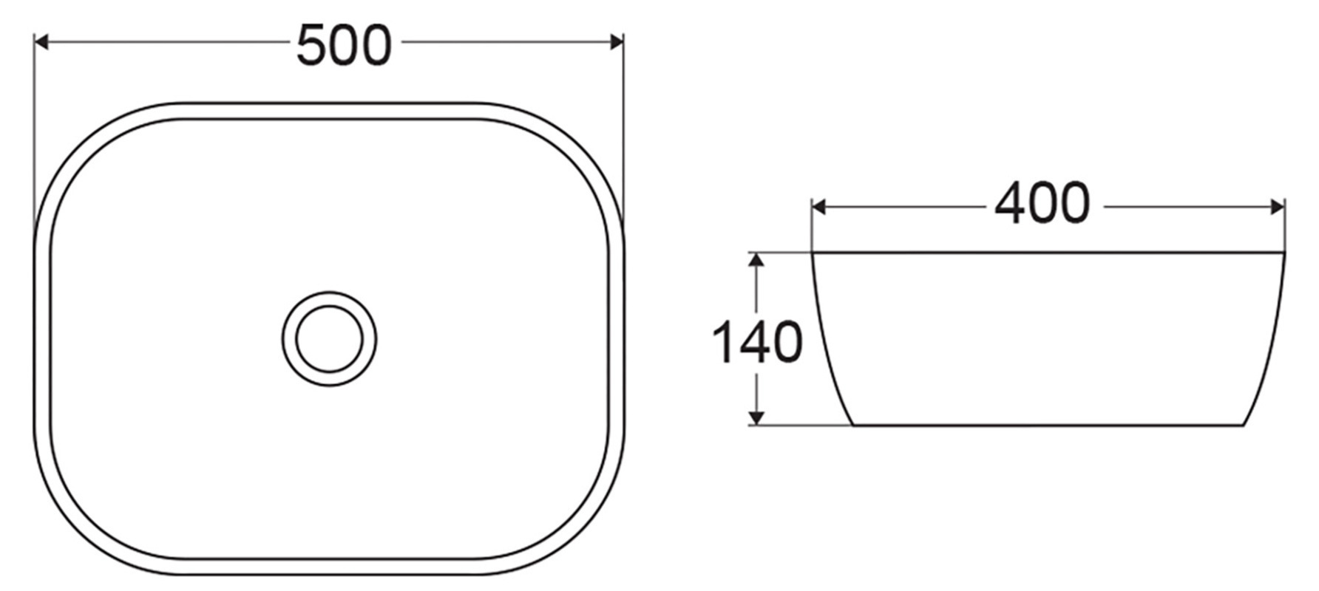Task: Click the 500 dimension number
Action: (x=343, y=45)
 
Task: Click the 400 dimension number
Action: (x=1042, y=203)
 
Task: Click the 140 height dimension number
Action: (x=756, y=342)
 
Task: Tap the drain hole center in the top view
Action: (x=329, y=339)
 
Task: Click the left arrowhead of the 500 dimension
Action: (x=41, y=42)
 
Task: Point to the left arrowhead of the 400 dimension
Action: (x=818, y=208)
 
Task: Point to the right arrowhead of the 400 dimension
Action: (x=1278, y=208)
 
